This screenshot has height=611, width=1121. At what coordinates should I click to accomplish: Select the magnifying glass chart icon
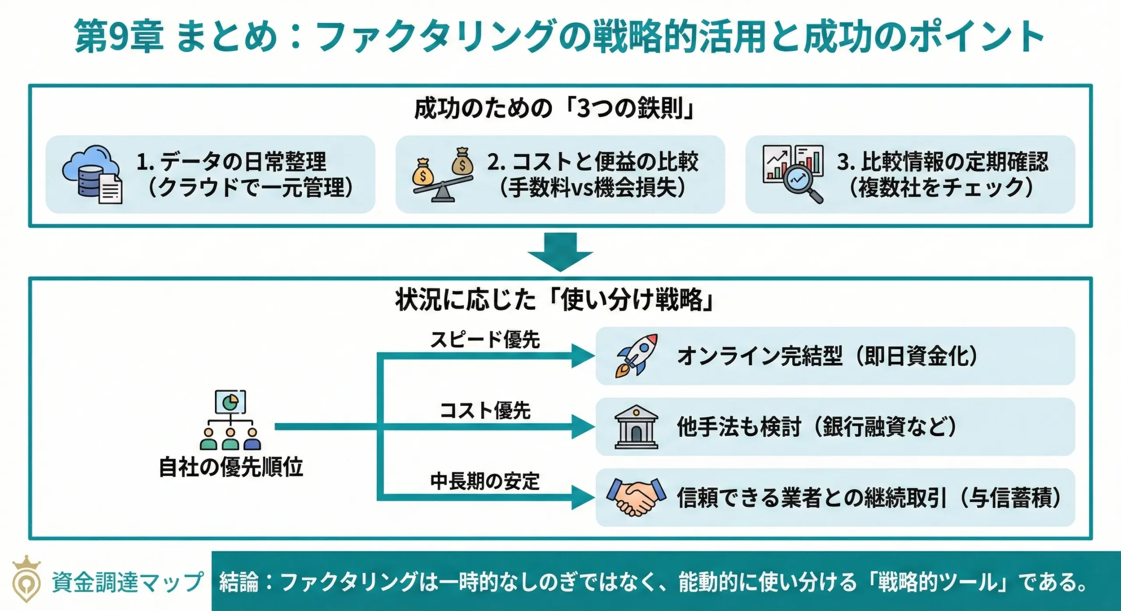pos(793,174)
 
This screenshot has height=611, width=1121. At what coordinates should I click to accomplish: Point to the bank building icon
pos(636,427)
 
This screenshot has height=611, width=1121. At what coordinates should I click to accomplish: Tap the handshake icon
pos(636,497)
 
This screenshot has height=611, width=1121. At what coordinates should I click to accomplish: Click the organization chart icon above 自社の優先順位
pos(230,420)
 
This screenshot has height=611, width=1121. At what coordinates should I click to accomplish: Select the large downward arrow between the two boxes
pos(560,252)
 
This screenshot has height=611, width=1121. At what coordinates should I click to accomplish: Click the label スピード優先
pos(485,340)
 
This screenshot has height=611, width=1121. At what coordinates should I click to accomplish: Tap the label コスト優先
pos(485,411)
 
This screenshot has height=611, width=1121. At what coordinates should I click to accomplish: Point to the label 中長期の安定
pos(485,481)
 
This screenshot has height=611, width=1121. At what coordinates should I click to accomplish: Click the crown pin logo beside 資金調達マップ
pos(26,579)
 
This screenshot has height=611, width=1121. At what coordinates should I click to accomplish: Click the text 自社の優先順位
pos(230,467)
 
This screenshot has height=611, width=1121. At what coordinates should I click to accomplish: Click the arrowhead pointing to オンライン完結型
pos(583,356)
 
